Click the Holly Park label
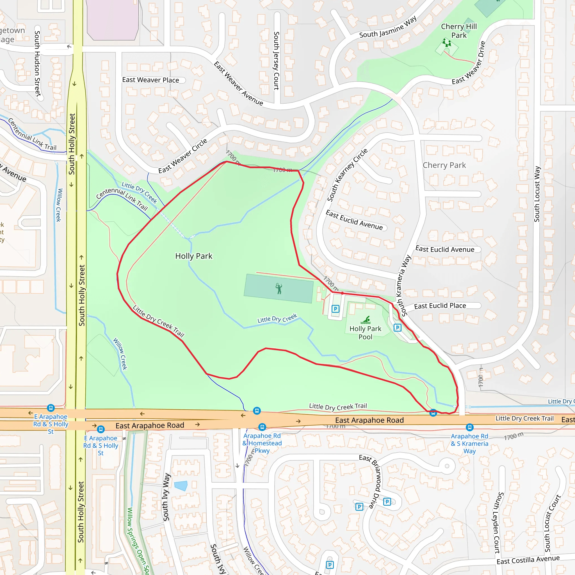click(194, 256)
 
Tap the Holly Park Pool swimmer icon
click(366, 320)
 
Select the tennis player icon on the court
click(279, 288)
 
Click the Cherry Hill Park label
click(459, 31)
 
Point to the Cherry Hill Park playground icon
click(446, 44)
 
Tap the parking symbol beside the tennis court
click(336, 309)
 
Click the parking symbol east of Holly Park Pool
click(397, 328)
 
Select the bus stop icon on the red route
click(433, 412)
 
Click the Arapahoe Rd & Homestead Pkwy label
click(262, 443)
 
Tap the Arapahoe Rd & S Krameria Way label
click(469, 443)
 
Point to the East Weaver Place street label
click(150, 80)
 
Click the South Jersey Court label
click(277, 61)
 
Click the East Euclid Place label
click(440, 306)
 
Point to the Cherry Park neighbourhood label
click(444, 165)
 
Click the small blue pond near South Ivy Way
click(181, 486)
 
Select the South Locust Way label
click(537, 194)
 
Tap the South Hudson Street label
click(37, 63)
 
